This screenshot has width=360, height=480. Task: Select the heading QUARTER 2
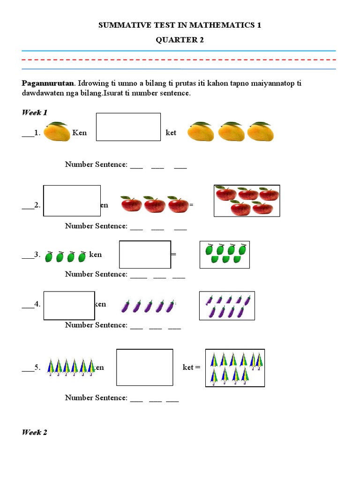click(180, 40)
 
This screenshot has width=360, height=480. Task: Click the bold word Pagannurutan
click(48, 83)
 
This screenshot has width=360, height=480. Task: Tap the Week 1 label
click(35, 112)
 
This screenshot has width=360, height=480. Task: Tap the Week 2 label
click(35, 432)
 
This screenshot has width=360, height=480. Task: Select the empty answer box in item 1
click(128, 127)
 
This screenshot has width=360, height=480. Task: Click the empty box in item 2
click(72, 201)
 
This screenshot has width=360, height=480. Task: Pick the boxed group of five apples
click(247, 201)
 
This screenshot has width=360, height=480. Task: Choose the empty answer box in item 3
click(145, 254)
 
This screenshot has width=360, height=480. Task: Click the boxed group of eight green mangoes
click(225, 255)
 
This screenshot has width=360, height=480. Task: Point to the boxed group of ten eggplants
click(227, 306)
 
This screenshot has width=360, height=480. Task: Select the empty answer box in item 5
click(144, 367)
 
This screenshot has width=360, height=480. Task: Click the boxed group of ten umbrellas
click(235, 367)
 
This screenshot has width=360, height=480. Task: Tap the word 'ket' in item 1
click(171, 133)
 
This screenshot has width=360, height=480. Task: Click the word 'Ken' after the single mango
click(80, 133)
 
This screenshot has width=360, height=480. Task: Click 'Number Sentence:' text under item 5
click(96, 398)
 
